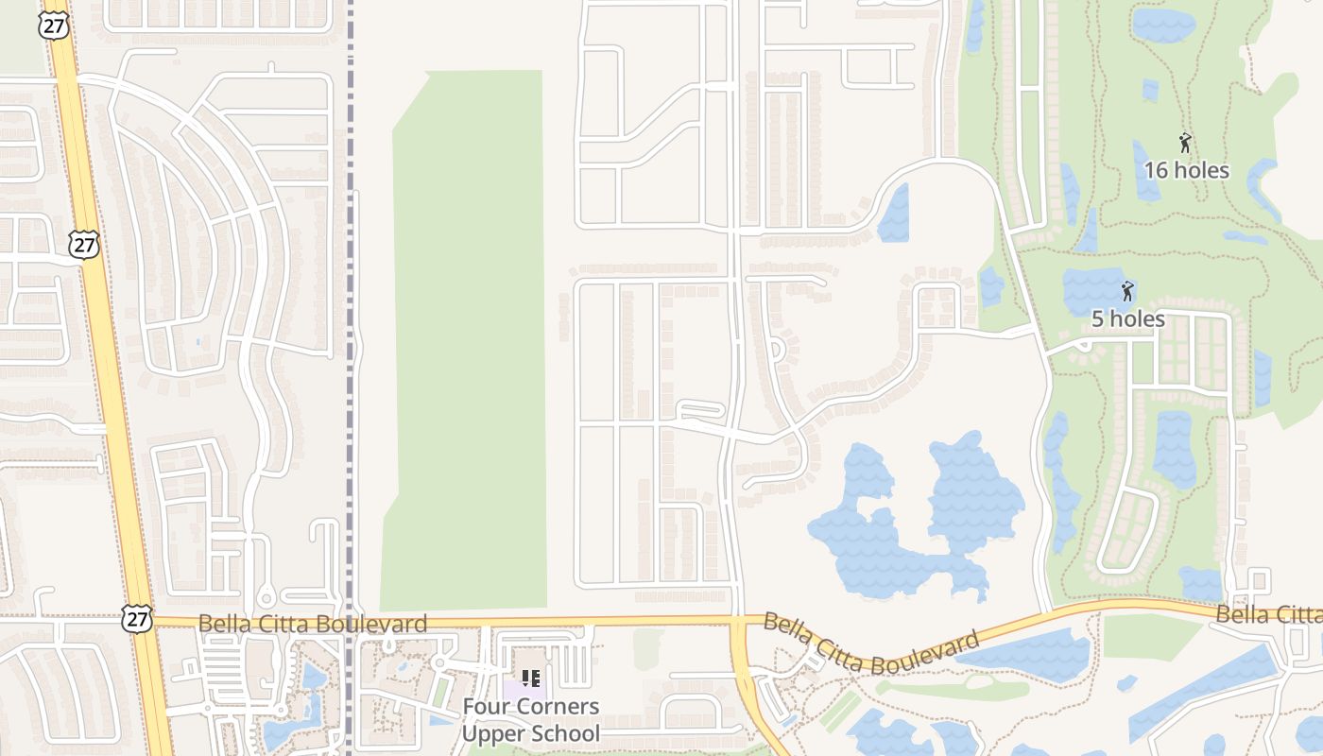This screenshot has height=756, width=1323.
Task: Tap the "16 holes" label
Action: pos(1186,171)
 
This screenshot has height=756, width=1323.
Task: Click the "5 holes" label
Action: pos(1127,319)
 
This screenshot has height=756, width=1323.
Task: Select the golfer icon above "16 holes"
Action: pos(1185,144)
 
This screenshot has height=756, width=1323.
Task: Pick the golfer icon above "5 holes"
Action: pos(1125,291)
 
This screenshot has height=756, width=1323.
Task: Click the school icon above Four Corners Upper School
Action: pos(531,678)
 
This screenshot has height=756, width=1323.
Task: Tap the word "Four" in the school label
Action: pos(483,707)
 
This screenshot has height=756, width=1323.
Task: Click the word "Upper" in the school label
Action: pos(491,733)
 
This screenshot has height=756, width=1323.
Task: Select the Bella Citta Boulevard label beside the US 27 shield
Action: pos(313,624)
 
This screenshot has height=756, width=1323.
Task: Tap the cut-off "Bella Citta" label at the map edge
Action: pos(1268,615)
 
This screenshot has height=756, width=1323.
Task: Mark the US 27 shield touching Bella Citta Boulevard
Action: pos(136,618)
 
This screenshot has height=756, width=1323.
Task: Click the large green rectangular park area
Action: pos(468,340)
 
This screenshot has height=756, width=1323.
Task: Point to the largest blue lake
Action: pos(907,529)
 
